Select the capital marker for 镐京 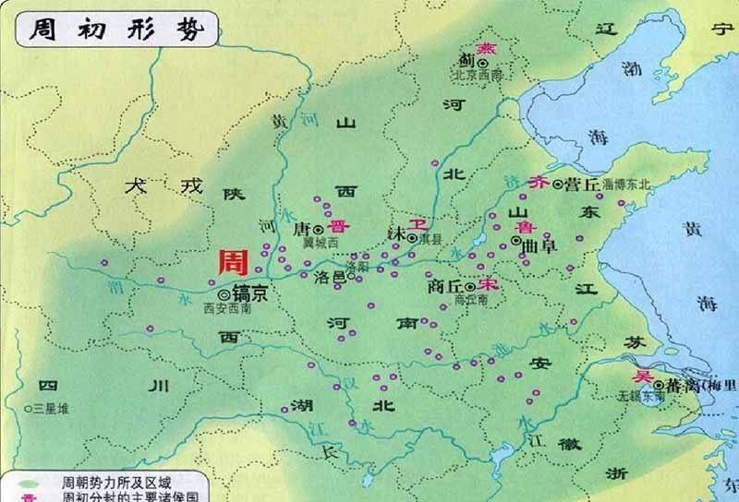click(225, 293)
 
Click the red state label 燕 click(483, 48)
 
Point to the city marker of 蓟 click(481, 63)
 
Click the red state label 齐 click(539, 184)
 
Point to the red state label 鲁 click(524, 227)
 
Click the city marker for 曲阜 click(515, 244)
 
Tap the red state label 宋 click(490, 285)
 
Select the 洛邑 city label click(329, 277)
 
